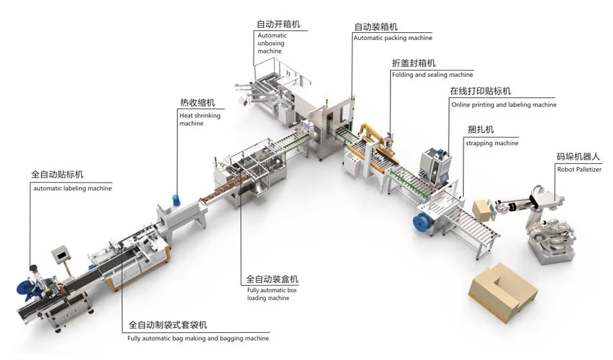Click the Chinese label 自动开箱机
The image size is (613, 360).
tap(278, 25)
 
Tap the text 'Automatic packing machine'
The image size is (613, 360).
tap(392, 38)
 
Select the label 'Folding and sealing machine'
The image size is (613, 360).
tap(432, 75)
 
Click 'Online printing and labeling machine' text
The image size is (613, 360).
tap(503, 105)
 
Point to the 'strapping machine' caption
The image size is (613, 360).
tap(492, 143)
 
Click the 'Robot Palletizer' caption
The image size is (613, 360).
tap(579, 170)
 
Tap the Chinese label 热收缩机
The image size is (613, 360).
tap(197, 103)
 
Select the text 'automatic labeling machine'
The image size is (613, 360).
tap(72, 188)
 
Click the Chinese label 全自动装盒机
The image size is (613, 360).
tap(272, 279)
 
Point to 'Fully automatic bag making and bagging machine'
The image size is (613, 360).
tap(198, 338)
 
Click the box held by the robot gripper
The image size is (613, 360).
tap(481, 209)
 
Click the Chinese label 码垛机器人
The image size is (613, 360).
tap(578, 157)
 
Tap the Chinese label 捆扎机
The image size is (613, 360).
tap(481, 130)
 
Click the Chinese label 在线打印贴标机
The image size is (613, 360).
tap(480, 92)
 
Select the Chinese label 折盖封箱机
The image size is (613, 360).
tap(414, 63)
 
